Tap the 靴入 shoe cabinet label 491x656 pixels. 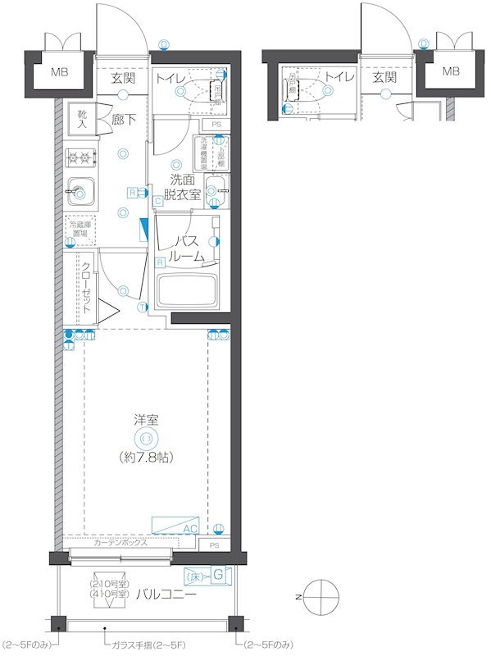pyautogui.click(x=83, y=120)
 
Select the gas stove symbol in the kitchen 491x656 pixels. pyautogui.click(x=81, y=157)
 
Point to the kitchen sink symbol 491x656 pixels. pyautogui.click(x=80, y=192)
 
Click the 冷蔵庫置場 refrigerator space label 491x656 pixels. pyautogui.click(x=81, y=228)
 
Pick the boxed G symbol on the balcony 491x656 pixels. pyautogui.click(x=218, y=576)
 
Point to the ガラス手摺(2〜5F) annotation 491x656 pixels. pyautogui.click(x=148, y=645)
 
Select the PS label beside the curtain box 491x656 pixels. pyautogui.click(x=215, y=545)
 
